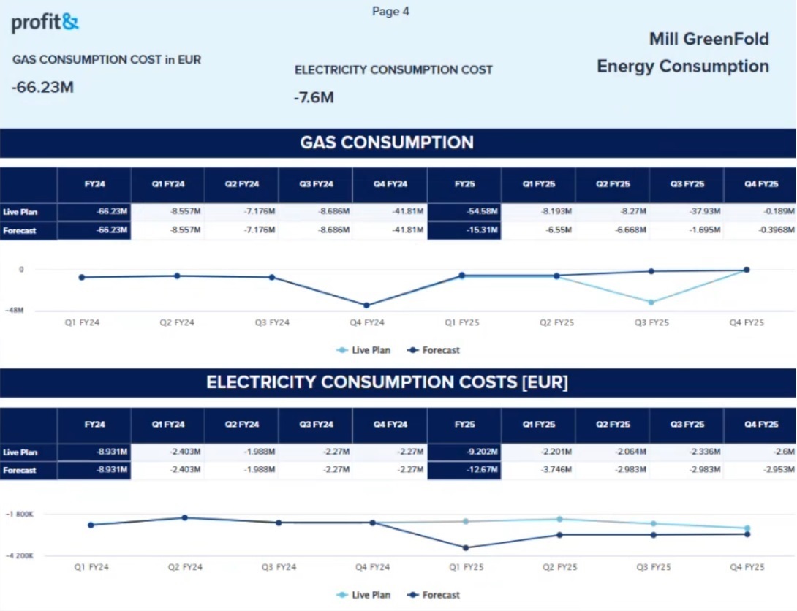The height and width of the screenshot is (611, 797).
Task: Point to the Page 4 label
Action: (390, 12)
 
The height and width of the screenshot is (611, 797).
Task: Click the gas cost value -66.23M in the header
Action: (42, 88)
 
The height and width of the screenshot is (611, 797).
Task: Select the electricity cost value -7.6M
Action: (314, 97)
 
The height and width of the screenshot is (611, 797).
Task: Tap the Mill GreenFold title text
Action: (709, 39)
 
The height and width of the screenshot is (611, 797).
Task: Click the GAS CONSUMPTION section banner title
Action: (387, 143)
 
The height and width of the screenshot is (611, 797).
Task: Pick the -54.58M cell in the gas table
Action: (482, 212)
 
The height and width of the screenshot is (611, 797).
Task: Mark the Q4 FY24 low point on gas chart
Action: (366, 305)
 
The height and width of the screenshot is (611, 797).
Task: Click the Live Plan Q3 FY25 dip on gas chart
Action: (651, 302)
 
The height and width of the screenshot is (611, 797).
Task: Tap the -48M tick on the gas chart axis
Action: (14, 311)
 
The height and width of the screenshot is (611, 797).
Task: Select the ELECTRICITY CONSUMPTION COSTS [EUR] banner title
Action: (387, 382)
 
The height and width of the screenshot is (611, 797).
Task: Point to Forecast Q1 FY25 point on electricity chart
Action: (466, 547)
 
